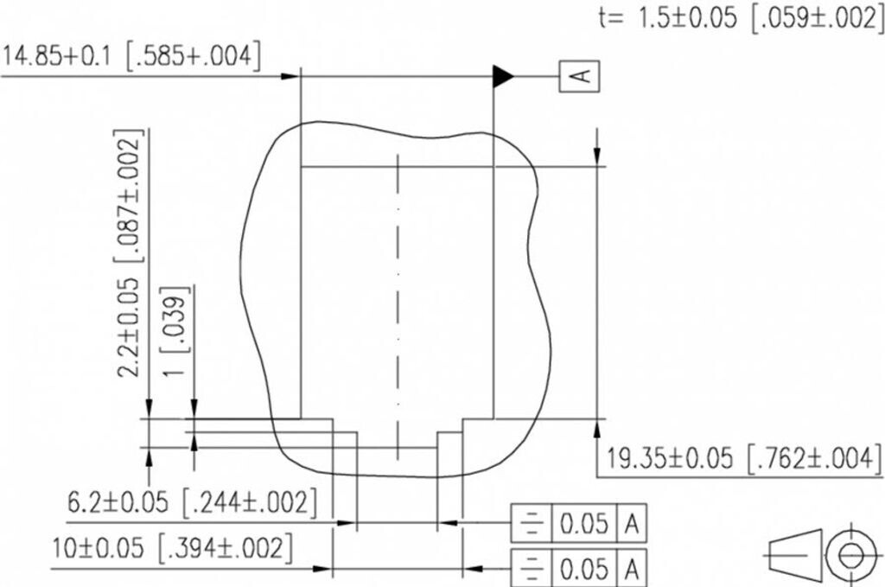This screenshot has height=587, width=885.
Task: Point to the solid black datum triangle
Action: pos(502,77)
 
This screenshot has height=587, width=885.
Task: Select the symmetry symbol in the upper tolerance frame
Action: pos(529,523)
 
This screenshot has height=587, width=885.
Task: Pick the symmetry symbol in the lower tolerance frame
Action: pos(529,569)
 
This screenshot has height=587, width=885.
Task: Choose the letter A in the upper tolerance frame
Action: pos(632,523)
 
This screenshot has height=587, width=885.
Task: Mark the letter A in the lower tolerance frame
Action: pos(632,569)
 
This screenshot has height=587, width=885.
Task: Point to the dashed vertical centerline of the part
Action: pos(397,303)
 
